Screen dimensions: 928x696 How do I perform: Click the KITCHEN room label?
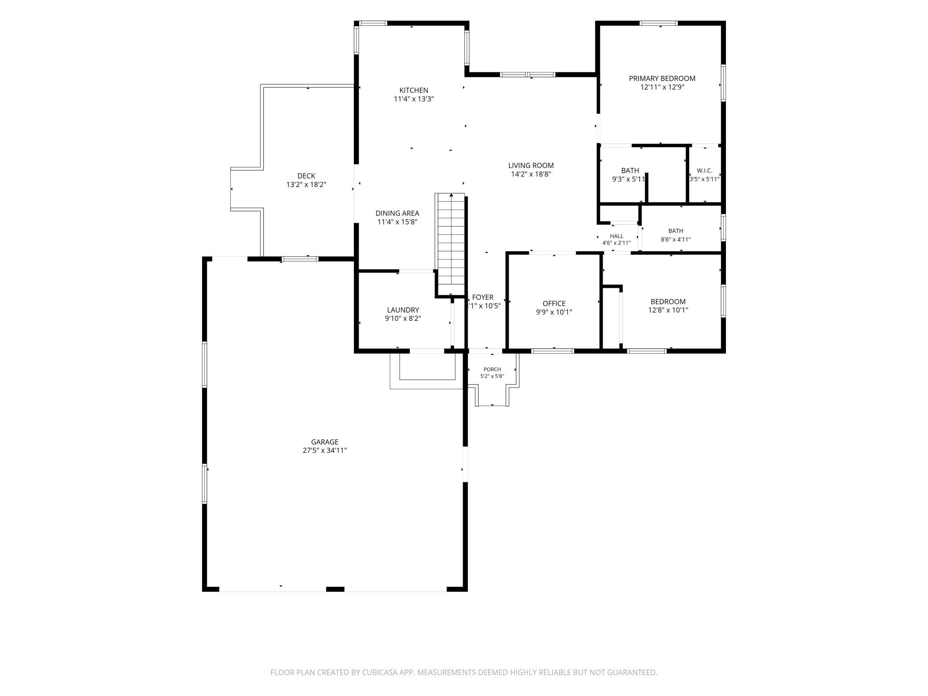pos(414,91)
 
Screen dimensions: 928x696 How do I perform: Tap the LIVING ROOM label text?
pos(531,166)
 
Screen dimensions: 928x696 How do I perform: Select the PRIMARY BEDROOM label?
pos(662,79)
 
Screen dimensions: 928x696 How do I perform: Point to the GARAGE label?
pos(325,442)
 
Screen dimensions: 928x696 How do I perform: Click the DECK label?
pos(306,176)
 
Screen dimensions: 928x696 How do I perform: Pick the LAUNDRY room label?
pos(403,310)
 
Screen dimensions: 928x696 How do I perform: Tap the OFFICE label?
pos(554,304)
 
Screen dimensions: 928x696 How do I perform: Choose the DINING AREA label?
pos(397,213)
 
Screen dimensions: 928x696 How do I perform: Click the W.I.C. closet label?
pos(704,171)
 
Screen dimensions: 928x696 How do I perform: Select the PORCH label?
pos(492,369)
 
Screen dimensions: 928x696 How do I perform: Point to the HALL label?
pos(617,236)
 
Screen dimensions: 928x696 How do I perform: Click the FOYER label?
pos(483,298)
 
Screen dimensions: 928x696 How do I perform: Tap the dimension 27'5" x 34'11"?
pos(325,451)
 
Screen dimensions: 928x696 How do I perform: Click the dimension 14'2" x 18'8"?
pos(531,174)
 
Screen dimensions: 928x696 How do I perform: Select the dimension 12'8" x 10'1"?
pos(668,310)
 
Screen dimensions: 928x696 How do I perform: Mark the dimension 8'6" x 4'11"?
pos(675,240)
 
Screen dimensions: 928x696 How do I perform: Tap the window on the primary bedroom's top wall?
pos(659,23)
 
